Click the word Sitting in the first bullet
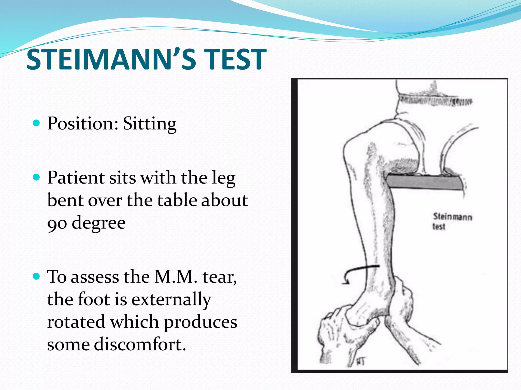(x=150, y=124)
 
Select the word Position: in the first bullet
(x=83, y=124)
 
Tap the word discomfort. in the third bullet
(x=140, y=345)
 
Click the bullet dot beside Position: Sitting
(x=37, y=123)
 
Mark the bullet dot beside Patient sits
(x=37, y=177)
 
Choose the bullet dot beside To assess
(x=37, y=276)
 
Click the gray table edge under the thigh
(x=424, y=182)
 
